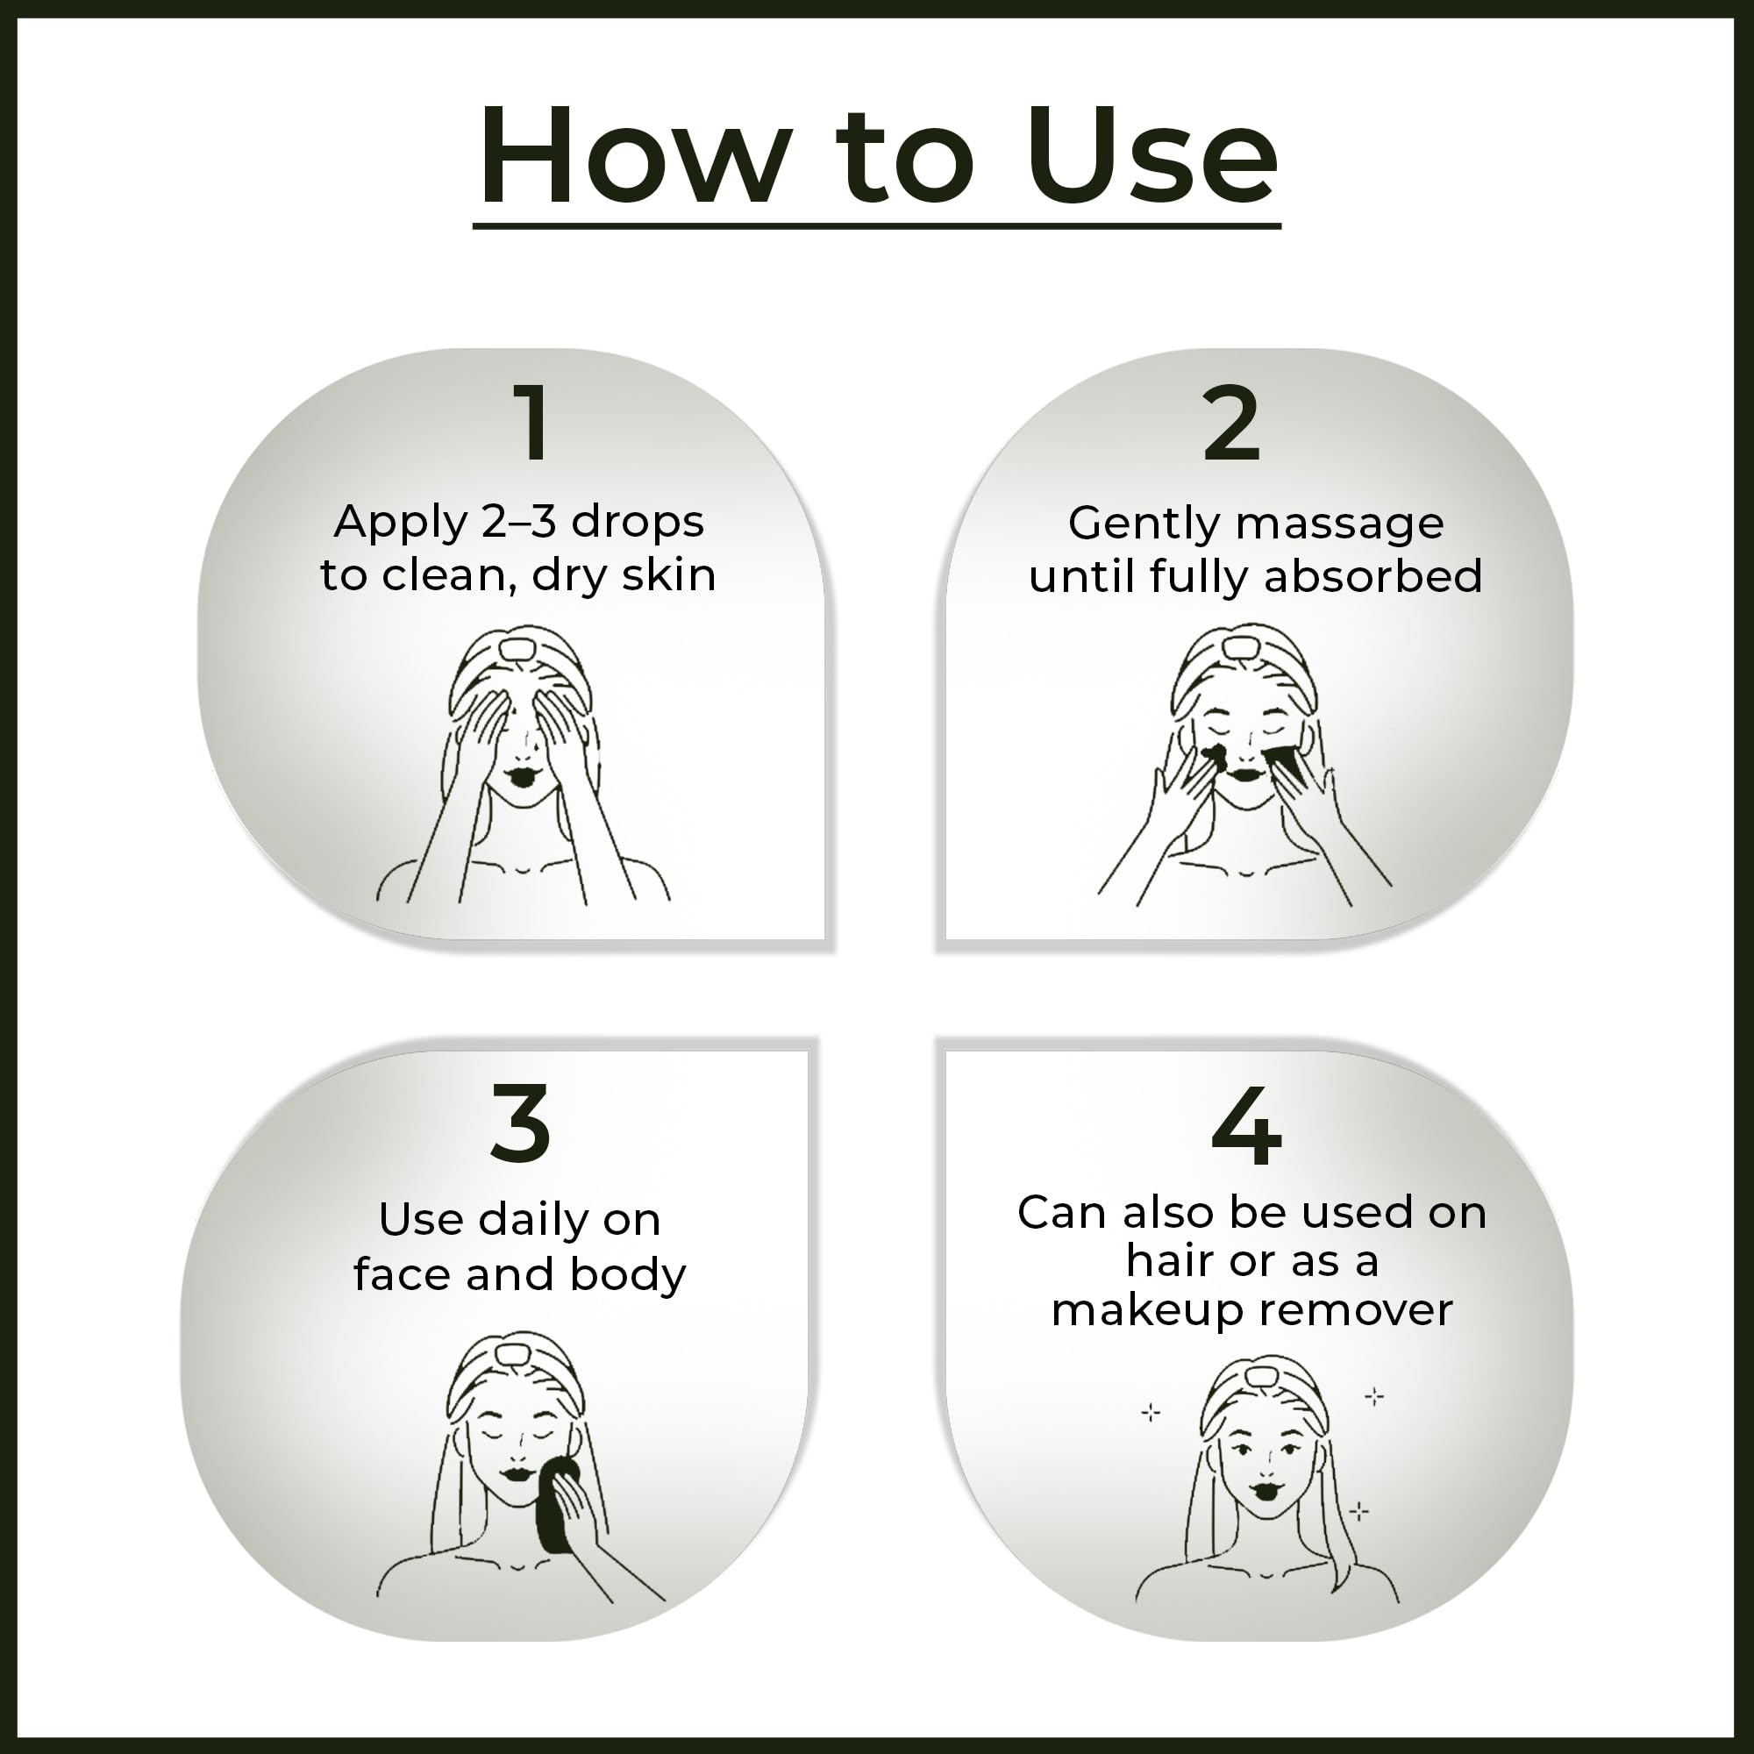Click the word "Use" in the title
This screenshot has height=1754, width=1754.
click(x=1152, y=155)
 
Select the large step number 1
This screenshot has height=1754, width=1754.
click(x=532, y=422)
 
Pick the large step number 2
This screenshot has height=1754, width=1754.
click(x=1231, y=422)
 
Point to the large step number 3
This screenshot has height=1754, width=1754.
click(x=520, y=1124)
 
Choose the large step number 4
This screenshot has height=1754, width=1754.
click(x=1246, y=1126)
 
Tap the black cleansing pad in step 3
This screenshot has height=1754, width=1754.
click(x=553, y=1506)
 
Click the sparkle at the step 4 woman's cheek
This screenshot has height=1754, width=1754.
click(x=1359, y=1511)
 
